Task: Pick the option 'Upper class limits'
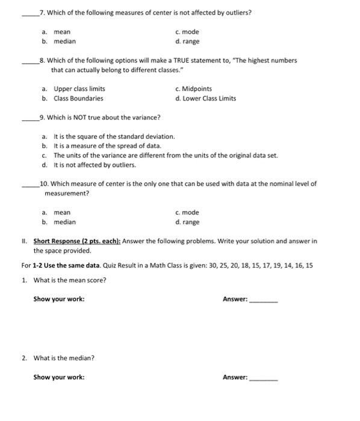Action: coord(75,89)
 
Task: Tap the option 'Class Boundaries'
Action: coord(73,99)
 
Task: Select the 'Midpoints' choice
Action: coord(191,89)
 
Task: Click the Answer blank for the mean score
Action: coord(264,300)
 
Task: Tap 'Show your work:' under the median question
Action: coord(59,378)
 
